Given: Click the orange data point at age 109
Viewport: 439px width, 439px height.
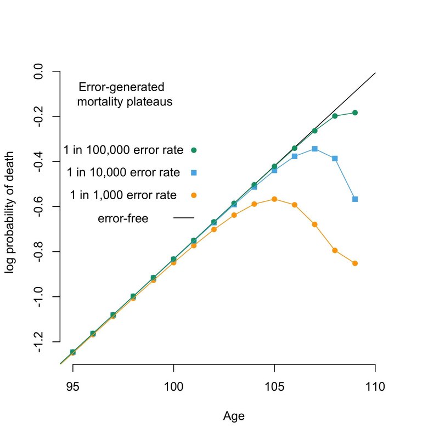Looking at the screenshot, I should (355, 263).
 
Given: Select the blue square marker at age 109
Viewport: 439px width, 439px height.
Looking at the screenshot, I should (355, 199).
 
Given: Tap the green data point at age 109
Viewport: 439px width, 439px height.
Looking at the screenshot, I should (355, 112).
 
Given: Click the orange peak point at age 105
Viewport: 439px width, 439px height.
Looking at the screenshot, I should (274, 199).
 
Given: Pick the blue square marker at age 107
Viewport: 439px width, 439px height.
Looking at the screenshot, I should (314, 149).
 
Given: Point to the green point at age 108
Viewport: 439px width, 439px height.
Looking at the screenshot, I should (335, 116).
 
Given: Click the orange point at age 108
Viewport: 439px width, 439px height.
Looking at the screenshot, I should (335, 250).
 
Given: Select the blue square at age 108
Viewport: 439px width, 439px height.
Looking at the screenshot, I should (335, 158).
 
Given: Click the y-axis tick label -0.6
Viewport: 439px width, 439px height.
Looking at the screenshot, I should (39, 207).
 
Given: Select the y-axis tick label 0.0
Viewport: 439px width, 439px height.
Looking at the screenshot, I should (39, 71).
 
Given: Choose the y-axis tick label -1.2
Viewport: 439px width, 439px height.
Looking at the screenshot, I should (39, 342).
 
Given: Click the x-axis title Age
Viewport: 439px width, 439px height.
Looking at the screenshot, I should (234, 417).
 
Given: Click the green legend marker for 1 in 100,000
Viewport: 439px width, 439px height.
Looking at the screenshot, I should (194, 149).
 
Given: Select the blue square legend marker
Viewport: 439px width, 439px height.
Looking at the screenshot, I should (194, 173).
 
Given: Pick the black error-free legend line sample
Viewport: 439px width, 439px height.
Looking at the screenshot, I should (184, 218).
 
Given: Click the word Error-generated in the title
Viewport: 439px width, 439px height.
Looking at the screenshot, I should (121, 88).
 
